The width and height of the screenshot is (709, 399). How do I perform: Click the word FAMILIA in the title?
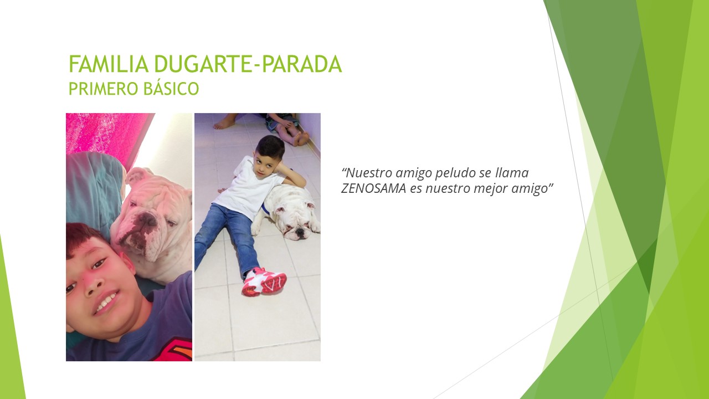point(109,64)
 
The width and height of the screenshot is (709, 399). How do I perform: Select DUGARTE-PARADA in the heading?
point(248,64)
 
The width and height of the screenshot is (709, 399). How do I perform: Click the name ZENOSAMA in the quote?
point(373,188)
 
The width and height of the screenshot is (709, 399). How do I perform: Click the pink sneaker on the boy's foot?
point(264,281)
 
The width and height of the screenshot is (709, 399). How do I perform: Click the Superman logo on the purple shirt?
point(177,351)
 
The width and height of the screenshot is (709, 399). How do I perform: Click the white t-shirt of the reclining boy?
point(249,188)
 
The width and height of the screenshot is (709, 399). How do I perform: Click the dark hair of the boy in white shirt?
point(270,147)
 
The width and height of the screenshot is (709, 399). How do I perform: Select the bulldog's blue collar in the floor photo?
point(264,209)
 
